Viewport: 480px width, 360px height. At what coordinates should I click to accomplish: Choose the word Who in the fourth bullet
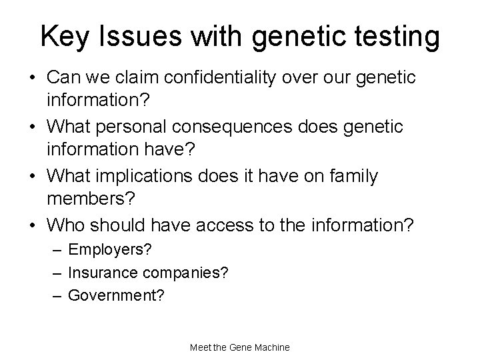click(65, 225)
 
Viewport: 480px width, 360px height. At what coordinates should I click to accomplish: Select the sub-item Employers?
click(110, 250)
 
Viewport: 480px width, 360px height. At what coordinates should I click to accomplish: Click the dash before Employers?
click(59, 250)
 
